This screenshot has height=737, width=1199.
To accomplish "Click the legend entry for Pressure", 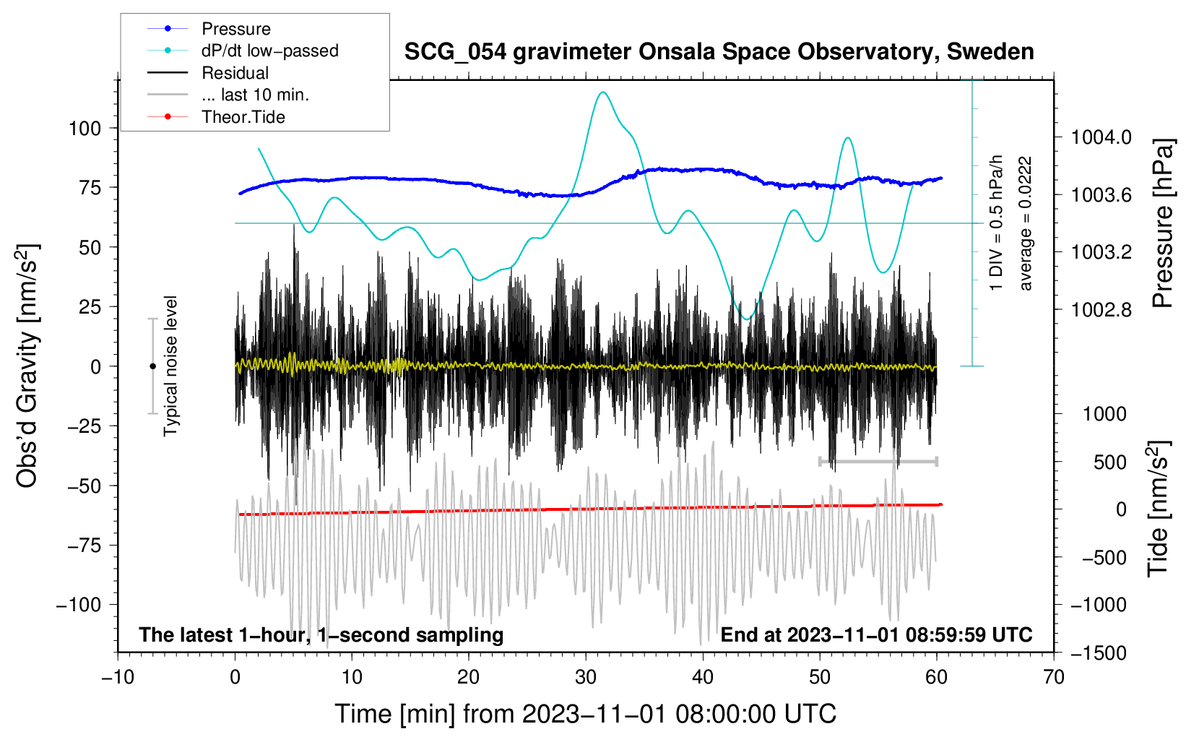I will click(235, 29).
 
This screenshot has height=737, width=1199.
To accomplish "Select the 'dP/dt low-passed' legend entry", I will click(269, 51).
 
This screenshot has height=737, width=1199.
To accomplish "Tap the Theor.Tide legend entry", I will click(243, 117).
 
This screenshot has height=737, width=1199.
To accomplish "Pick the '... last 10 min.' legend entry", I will click(255, 95).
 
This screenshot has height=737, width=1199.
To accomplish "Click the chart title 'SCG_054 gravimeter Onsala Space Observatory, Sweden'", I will click(719, 52).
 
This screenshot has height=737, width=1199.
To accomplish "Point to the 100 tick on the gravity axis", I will click(85, 129).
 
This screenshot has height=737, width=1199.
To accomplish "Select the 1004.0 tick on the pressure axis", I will click(1101, 137).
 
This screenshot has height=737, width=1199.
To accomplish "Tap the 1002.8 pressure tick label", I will click(1101, 310).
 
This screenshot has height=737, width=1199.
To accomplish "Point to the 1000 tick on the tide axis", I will click(1104, 414).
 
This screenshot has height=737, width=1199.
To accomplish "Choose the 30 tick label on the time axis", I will click(586, 677).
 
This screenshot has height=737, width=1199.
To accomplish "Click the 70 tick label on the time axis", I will click(1054, 677).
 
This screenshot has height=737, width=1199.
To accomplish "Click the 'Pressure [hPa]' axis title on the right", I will click(1162, 224).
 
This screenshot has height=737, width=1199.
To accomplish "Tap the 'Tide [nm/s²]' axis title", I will click(1158, 509).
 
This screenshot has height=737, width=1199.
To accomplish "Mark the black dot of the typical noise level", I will click(152, 366).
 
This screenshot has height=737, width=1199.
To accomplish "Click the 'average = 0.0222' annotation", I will click(1026, 224).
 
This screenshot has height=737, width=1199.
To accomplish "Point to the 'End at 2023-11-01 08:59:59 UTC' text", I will click(876, 634).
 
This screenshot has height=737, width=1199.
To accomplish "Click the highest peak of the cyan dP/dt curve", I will click(602, 92).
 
